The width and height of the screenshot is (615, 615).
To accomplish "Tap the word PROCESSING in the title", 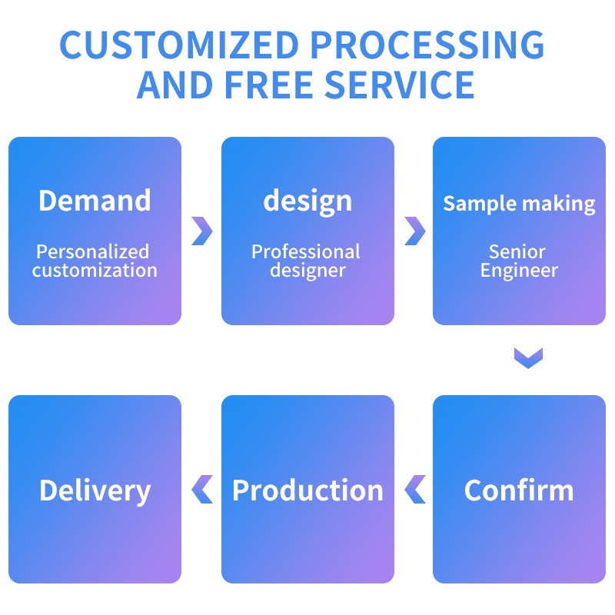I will (x=431, y=45).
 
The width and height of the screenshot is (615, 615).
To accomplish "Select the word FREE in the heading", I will (x=269, y=84).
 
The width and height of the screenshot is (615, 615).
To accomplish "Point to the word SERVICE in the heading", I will (x=399, y=84).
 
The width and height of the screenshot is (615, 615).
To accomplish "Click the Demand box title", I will (x=95, y=201).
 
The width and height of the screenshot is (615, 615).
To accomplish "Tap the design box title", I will (x=307, y=201).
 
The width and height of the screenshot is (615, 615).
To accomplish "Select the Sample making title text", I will (x=519, y=204).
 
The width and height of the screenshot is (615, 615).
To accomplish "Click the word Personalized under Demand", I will (x=93, y=251).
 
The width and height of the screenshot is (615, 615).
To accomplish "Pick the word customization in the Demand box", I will (x=95, y=271).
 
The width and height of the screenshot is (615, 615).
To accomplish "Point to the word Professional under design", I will (x=306, y=251).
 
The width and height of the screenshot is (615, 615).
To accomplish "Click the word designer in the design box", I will (x=307, y=271).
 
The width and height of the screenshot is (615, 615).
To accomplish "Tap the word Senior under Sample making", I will (x=517, y=251).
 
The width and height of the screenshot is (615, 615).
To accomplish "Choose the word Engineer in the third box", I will (x=519, y=271).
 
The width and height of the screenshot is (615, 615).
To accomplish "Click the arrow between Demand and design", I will (x=201, y=231).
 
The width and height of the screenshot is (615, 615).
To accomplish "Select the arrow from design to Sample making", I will (x=414, y=231).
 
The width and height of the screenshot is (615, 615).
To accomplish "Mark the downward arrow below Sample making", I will (x=528, y=357).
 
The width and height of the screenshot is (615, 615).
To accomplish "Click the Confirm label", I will (x=519, y=490).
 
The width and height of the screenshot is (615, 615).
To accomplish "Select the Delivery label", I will (x=95, y=490).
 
